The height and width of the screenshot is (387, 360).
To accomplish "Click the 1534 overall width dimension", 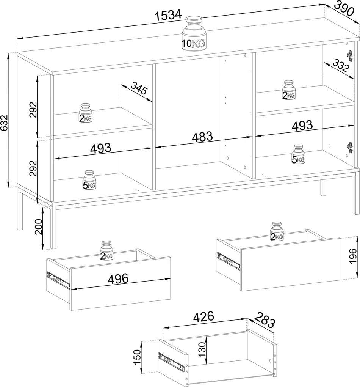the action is point(168,15).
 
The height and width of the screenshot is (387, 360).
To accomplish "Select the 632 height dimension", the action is point(5,123).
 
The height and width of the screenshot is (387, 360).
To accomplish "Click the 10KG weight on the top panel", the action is point(194,34).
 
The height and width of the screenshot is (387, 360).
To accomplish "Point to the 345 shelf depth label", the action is point(139,88).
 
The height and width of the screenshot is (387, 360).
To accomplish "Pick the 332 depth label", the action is point(341,65).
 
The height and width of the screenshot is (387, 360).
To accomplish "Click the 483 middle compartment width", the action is point(202,137).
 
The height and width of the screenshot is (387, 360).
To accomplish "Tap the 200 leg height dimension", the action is point(39,227).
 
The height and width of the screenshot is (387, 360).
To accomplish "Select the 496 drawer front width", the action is point(118,278).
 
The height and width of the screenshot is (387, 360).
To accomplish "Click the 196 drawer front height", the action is point(353,256).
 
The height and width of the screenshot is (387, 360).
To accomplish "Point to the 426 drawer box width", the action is point(203,316).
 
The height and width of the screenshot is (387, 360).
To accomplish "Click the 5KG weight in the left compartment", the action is point(89,180).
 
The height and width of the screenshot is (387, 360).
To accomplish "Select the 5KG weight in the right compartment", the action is point(298,154).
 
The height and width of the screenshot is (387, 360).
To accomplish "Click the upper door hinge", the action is point(350,56).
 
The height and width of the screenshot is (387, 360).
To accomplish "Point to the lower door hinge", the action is point(350,147).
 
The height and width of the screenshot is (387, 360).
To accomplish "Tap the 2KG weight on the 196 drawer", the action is point(277,231).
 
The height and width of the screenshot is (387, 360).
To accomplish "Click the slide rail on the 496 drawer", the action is point(58,280).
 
